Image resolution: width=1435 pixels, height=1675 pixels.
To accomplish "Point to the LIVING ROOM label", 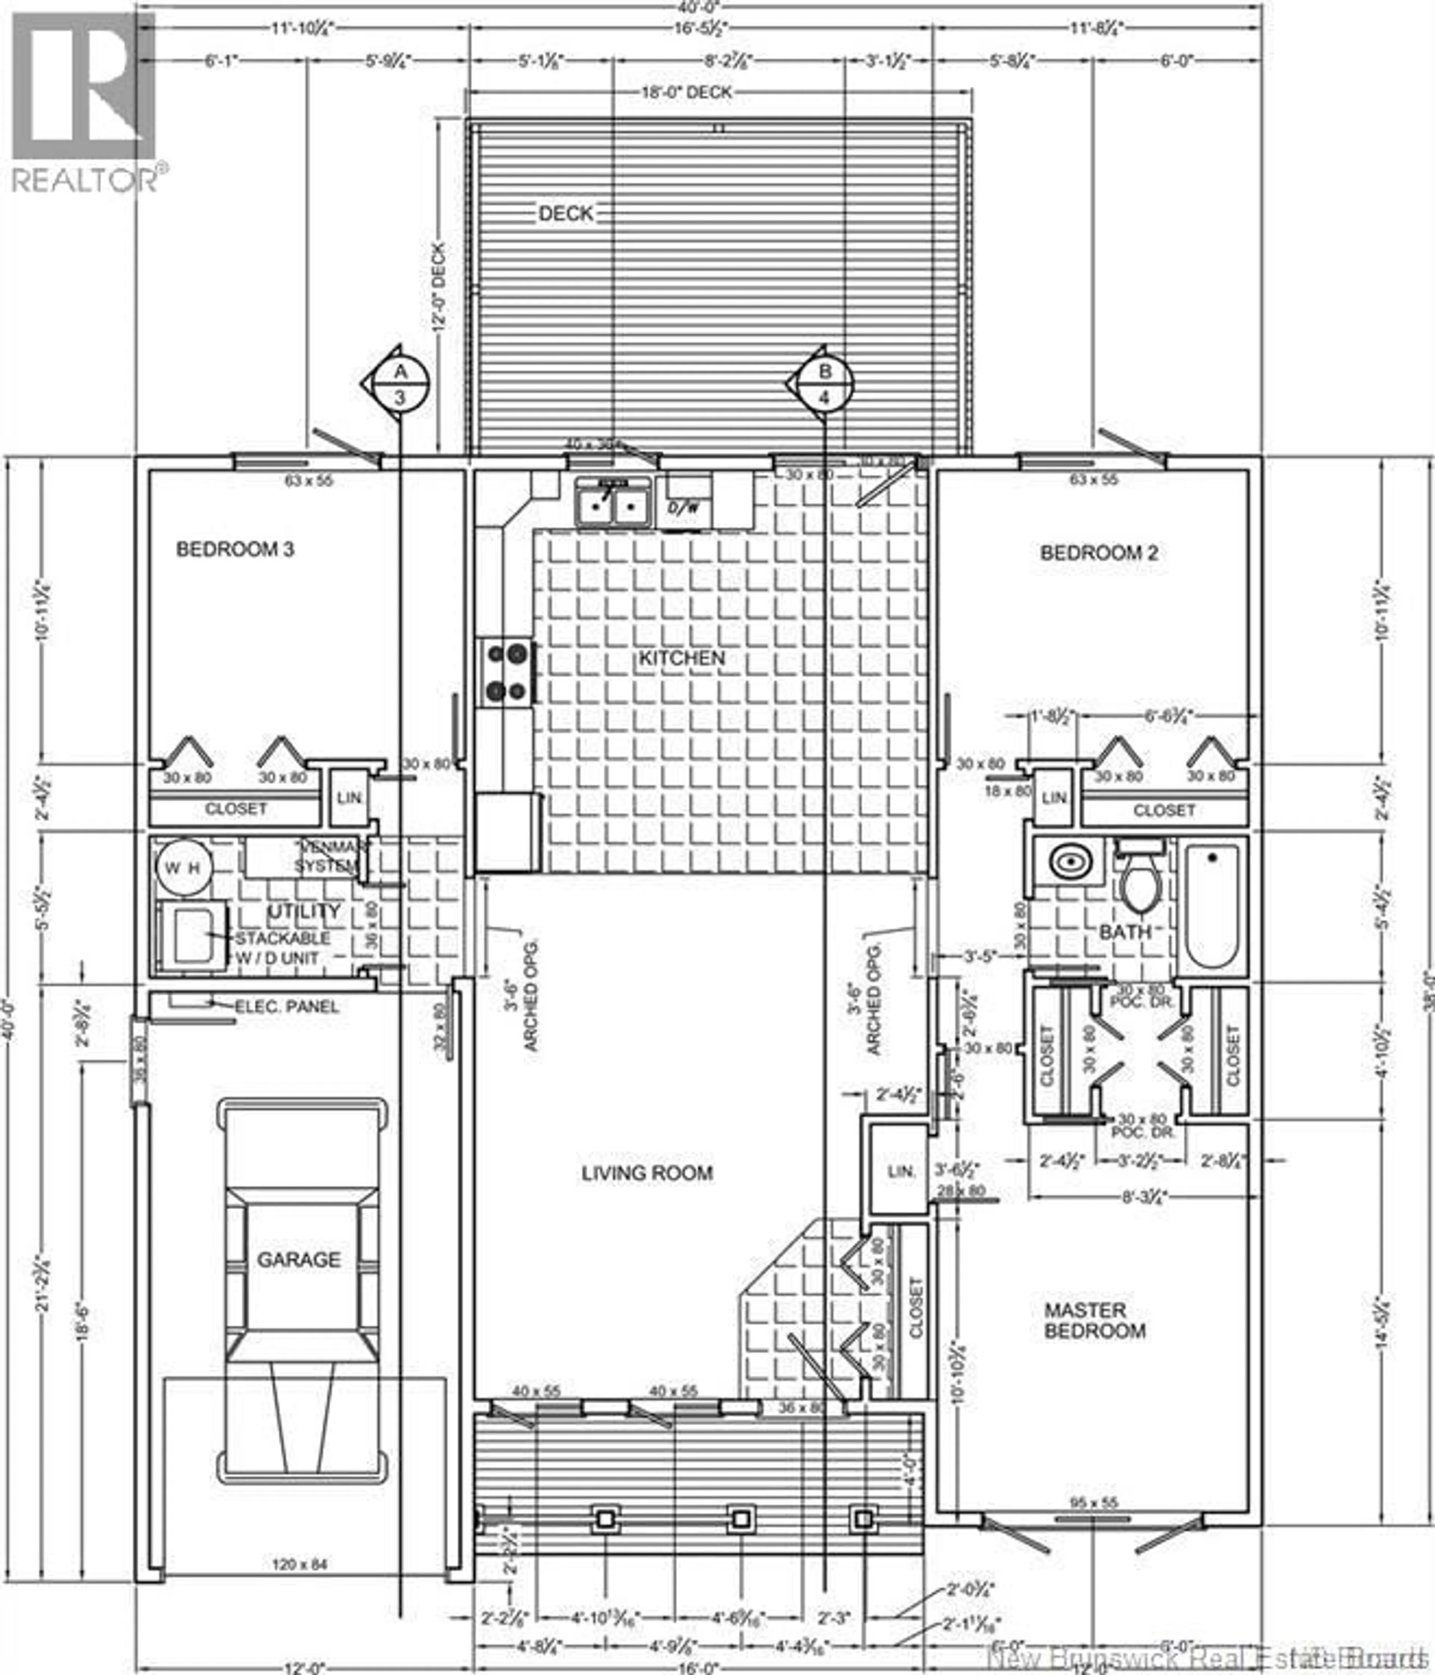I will click(647, 1173).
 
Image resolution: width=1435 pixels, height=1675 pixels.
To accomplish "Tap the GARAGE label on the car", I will click(298, 1259).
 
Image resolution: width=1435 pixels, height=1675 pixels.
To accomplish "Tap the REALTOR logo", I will click(85, 101).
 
